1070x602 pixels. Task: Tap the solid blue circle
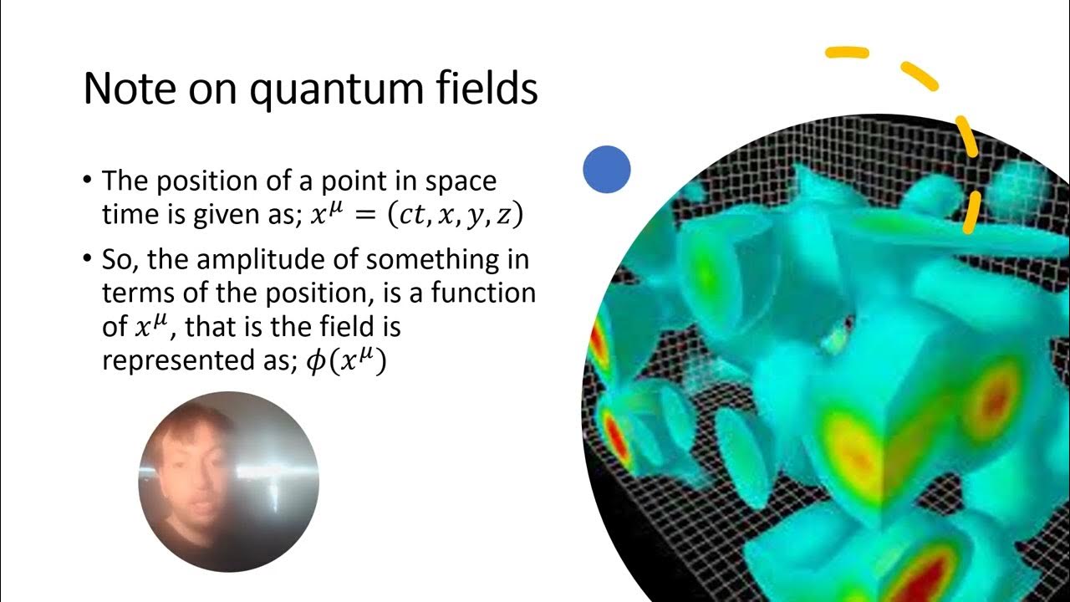point(606,169)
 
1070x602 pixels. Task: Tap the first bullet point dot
point(89,181)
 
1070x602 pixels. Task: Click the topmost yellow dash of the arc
point(847,54)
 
